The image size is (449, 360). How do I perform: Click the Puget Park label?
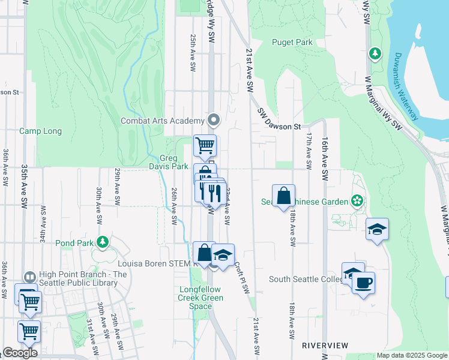pyautogui.click(x=292, y=42)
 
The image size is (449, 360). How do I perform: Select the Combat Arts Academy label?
pyautogui.click(x=167, y=121)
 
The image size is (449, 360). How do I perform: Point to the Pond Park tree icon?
pyautogui.click(x=103, y=242)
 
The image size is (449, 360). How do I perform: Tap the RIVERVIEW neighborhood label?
pyautogui.click(x=325, y=346)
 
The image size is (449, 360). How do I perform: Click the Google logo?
pyautogui.click(x=20, y=353)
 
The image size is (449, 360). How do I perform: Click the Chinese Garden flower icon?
pyautogui.click(x=358, y=200)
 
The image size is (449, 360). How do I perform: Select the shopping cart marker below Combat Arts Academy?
pyautogui.click(x=205, y=145)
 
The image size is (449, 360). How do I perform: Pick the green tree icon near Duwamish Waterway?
pyautogui.click(x=376, y=53)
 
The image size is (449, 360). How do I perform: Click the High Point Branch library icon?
pyautogui.click(x=29, y=277)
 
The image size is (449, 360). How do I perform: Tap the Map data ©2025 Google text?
pyautogui.click(x=412, y=355)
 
